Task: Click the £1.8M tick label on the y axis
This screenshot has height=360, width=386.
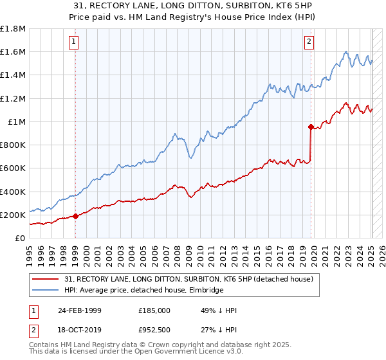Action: [x=12, y=29]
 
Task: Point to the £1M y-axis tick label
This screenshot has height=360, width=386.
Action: [x=16, y=122]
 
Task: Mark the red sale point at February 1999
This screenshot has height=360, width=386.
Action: [x=76, y=216]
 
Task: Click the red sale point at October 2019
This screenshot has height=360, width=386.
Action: [x=311, y=127]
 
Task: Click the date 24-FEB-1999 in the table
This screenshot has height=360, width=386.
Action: [x=79, y=310]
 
